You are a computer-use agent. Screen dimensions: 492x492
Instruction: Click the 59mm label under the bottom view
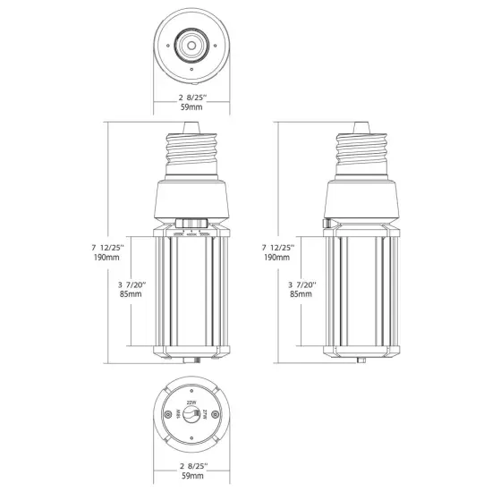pyautogui.click(x=191, y=477)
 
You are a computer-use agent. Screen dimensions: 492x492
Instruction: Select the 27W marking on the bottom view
pyautogui.click(x=205, y=417)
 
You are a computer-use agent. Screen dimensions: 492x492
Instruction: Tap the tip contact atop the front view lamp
pyautogui.click(x=193, y=126)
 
